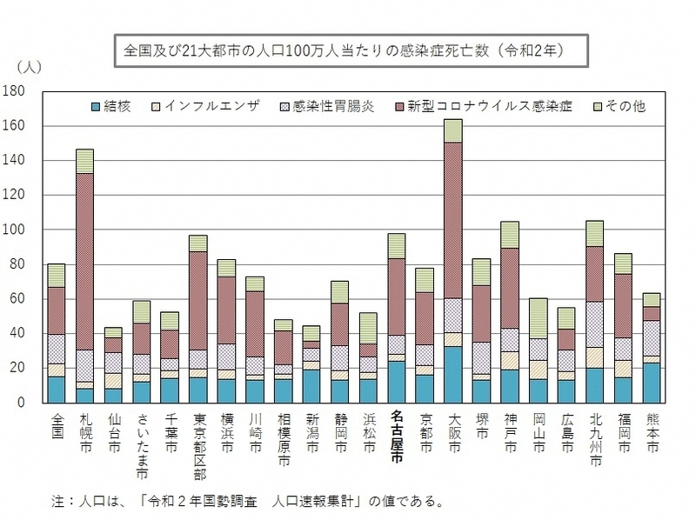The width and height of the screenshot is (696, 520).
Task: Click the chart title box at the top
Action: (347, 50)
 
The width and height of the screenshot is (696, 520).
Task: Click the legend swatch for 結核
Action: (95, 106)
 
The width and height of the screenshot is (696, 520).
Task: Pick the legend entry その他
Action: (625, 106)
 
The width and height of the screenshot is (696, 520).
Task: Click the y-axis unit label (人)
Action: (29, 66)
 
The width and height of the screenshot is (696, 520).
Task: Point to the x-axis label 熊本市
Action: (651, 432)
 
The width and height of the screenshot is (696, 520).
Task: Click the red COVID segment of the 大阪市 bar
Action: (452, 220)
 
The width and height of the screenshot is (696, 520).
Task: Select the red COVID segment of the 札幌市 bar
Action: (84, 261)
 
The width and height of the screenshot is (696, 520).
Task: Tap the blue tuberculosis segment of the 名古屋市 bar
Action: (397, 382)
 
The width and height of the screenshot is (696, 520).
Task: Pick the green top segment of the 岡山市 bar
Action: (538, 318)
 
